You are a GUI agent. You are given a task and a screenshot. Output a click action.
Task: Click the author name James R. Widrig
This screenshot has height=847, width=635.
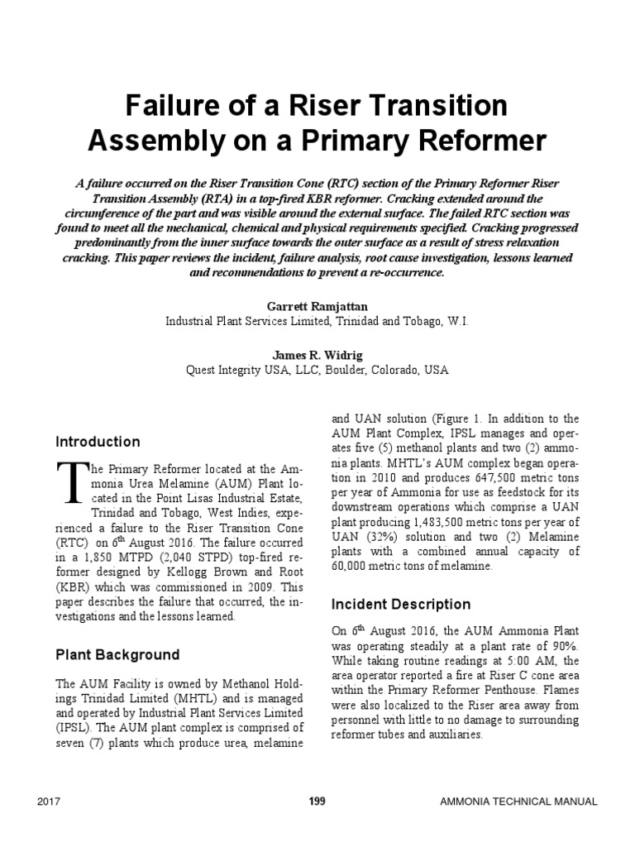[x=317, y=355]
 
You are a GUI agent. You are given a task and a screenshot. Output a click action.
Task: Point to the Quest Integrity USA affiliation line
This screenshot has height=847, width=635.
[x=317, y=371]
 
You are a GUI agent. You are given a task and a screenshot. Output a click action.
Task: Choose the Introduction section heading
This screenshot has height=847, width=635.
[x=98, y=442]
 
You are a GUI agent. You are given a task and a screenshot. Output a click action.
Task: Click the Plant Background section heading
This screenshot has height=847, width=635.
[x=117, y=654]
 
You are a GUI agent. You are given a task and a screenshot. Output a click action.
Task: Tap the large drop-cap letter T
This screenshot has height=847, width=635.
[x=70, y=481]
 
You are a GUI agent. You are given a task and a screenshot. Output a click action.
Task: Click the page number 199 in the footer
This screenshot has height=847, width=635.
[x=317, y=802]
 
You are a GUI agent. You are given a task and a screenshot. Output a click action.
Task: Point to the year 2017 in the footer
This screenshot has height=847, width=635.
[x=50, y=802]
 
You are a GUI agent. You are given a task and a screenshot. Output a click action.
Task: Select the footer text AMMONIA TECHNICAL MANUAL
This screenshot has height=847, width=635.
[x=518, y=802]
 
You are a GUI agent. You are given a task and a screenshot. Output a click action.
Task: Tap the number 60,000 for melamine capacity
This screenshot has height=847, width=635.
[x=355, y=567]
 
